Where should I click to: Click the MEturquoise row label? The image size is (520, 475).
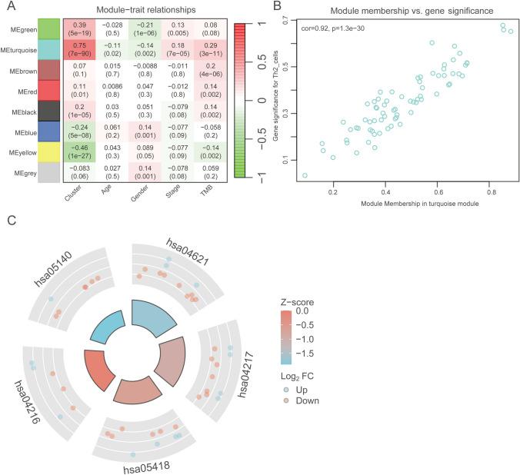point(22,50)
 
